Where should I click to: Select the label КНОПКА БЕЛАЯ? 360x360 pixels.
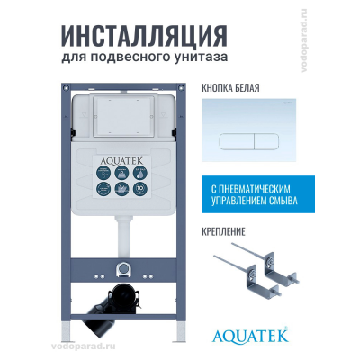tap(226, 89)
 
